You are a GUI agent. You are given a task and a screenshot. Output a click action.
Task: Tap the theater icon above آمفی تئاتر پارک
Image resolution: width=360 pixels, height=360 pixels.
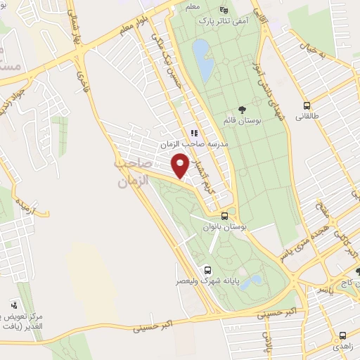point(224,10)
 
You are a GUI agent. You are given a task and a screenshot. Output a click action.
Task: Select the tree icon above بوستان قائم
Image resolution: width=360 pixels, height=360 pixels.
point(243,109)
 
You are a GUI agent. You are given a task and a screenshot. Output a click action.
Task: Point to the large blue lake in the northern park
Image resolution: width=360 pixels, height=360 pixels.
point(203,60)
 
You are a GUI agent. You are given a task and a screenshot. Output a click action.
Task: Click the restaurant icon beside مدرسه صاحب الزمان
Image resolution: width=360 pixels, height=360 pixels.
point(193,131)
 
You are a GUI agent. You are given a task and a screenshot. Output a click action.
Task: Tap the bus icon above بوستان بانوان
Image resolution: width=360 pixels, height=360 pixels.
point(224,217)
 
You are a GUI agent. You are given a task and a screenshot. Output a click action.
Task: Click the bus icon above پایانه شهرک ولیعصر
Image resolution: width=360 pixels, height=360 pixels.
point(207,269)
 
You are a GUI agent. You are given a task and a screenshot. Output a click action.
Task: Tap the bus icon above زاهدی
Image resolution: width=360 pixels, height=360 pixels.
point(342,335)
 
